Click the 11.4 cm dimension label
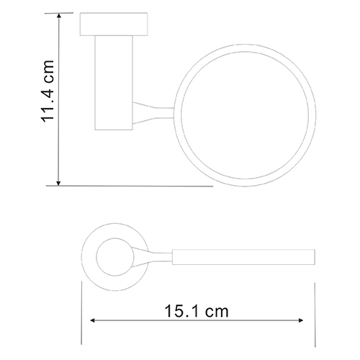[48, 91]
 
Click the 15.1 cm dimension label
[197, 312]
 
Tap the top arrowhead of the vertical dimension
[58, 16]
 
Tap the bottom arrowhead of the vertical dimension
[58, 183]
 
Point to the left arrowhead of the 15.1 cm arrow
[93, 320]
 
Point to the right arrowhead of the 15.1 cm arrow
[300, 320]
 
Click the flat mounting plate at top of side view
[114, 24]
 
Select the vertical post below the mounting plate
[114, 83]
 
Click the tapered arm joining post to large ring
[153, 113]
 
